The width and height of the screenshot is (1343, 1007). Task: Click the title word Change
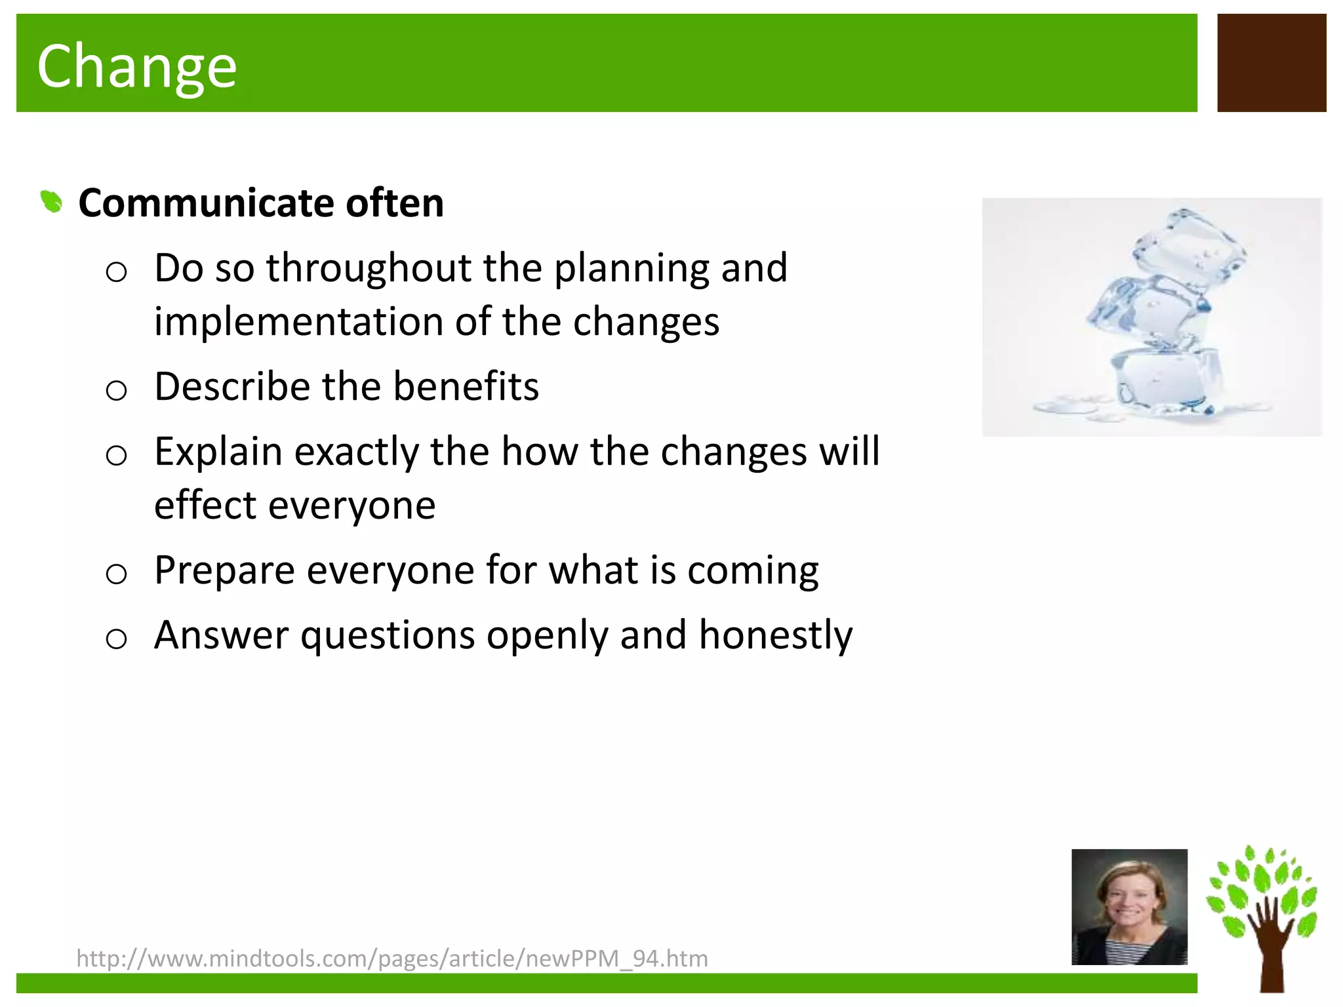[x=136, y=66]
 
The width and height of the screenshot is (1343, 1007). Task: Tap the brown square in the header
[x=1271, y=63]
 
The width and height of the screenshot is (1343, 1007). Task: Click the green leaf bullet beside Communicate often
[x=51, y=201]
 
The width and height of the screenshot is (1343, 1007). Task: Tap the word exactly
[x=356, y=452]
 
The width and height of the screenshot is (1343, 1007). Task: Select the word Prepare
[x=224, y=570]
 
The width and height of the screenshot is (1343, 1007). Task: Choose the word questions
[x=388, y=636]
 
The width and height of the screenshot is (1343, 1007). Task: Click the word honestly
[x=775, y=636]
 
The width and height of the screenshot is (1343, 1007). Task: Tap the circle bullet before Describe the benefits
[x=116, y=391]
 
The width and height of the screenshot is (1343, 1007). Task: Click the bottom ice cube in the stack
[x=1164, y=380]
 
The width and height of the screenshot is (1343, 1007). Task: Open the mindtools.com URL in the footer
[x=392, y=958]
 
